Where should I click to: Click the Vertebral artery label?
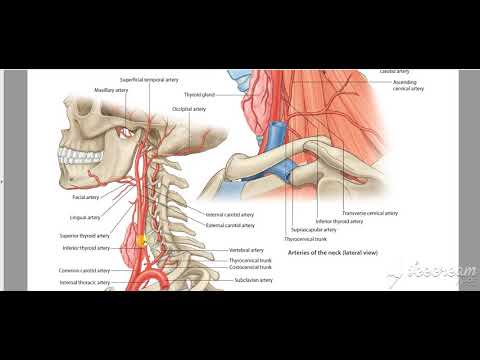[245, 250]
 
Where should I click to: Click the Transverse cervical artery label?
[370, 213]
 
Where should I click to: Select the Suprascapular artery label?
[314, 230]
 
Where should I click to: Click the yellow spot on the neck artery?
[142, 240]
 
